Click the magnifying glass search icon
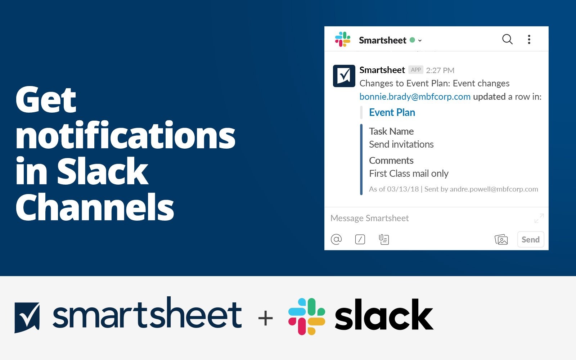pyautogui.click(x=507, y=39)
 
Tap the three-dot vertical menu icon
pyautogui.click(x=529, y=39)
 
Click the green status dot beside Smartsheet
pyautogui.click(x=412, y=40)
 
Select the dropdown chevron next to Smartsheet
pyautogui.click(x=420, y=40)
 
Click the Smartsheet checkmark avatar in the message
pyautogui.click(x=344, y=76)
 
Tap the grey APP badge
pyautogui.click(x=416, y=70)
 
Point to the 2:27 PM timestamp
pyautogui.click(x=440, y=70)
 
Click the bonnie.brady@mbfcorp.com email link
pyautogui.click(x=415, y=97)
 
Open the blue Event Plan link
pyautogui.click(x=392, y=112)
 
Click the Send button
pyautogui.click(x=531, y=239)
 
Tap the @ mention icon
pyautogui.click(x=336, y=239)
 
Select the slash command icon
pyautogui.click(x=360, y=239)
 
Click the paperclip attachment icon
pyautogui.click(x=384, y=239)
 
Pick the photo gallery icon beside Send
pyautogui.click(x=501, y=239)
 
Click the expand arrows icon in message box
pyautogui.click(x=539, y=218)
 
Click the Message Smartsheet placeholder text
pyautogui.click(x=369, y=218)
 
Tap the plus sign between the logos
pyautogui.click(x=265, y=318)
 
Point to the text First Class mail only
pyautogui.click(x=409, y=174)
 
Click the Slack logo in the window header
pyautogui.click(x=342, y=39)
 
